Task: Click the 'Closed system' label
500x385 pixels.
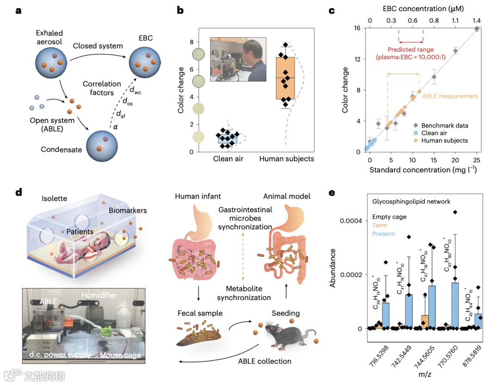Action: (x=98, y=46)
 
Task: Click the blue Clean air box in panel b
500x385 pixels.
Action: (x=228, y=139)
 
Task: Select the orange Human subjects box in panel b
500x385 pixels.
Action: (x=285, y=78)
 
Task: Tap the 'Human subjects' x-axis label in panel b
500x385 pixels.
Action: (x=286, y=159)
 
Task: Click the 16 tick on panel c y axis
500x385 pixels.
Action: (x=357, y=29)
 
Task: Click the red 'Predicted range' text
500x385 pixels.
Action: (x=410, y=50)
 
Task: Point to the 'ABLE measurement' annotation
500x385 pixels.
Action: (x=456, y=96)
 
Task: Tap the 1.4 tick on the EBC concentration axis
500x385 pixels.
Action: (x=476, y=21)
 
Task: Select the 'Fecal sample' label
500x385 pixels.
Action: (x=200, y=314)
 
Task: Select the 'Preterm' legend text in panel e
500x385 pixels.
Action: (x=385, y=234)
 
